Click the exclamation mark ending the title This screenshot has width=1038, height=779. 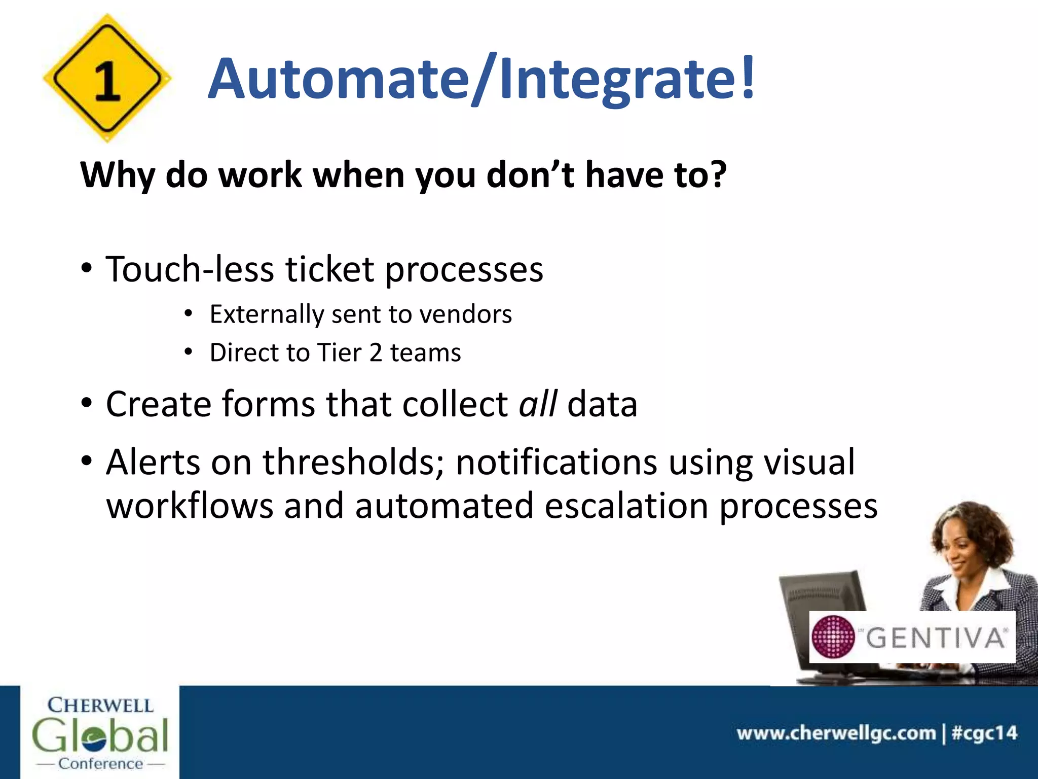pos(748,77)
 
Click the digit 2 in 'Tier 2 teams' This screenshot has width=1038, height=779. pos(376,352)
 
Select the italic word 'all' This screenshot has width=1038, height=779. pos(538,404)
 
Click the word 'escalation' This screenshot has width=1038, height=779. pos(626,506)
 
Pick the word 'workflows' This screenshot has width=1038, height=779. pos(190,506)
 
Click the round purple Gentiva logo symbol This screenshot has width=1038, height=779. pos(833,637)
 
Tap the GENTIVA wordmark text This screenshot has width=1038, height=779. pos(936,638)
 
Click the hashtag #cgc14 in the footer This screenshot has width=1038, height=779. pos(984,733)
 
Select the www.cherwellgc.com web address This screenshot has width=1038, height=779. pos(836,733)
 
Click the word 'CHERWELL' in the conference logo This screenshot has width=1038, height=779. pos(100,705)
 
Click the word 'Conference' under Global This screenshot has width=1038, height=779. pos(100,763)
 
